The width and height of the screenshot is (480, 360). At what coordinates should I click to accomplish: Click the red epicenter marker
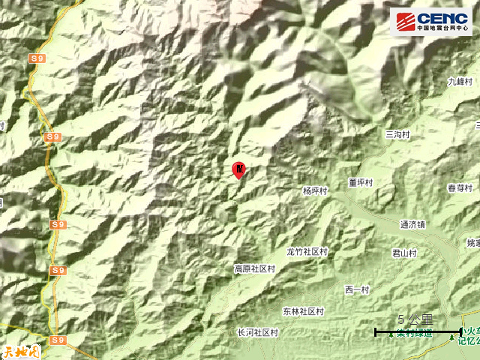(238, 169)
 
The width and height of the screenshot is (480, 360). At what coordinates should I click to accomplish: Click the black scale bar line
(418, 331)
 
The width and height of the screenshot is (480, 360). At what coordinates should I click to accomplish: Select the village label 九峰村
(459, 81)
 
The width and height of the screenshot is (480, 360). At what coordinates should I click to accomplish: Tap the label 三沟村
(397, 133)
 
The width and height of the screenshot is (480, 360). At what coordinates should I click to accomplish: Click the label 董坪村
(361, 182)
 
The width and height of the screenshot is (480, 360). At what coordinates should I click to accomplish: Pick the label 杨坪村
(316, 191)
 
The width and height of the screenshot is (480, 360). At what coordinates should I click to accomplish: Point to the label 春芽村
(460, 188)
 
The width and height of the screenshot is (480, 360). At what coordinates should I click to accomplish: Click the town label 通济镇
(412, 223)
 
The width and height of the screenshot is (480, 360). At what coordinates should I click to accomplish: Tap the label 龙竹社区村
(307, 252)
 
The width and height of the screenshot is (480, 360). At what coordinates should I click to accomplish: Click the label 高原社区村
(255, 268)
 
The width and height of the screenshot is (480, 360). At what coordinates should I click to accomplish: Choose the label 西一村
(357, 290)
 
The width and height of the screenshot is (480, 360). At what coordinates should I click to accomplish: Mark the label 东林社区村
(303, 311)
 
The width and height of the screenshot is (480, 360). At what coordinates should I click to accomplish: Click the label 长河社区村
(257, 332)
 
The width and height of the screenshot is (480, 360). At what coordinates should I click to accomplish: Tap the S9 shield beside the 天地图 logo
(58, 340)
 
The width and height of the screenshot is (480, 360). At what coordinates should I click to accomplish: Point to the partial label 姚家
(472, 243)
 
